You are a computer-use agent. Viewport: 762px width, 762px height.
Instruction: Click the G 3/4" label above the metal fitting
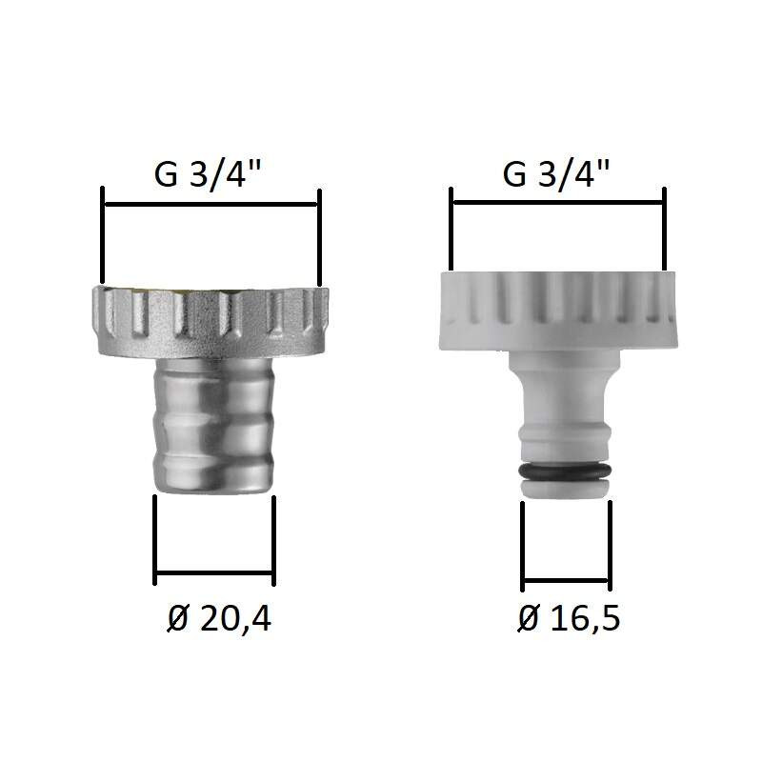click(208, 174)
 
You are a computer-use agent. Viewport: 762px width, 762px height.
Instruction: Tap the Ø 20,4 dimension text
click(219, 618)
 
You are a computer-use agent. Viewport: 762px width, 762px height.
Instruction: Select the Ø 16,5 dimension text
click(569, 617)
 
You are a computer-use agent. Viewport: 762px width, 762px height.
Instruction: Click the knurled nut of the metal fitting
click(211, 322)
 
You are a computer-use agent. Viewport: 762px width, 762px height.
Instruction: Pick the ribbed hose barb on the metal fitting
click(213, 425)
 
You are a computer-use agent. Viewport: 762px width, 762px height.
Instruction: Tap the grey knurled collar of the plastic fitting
click(558, 311)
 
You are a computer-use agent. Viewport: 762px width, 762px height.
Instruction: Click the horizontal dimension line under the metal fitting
click(214, 573)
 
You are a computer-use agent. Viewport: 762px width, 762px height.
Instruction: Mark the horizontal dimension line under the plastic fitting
click(566, 580)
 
